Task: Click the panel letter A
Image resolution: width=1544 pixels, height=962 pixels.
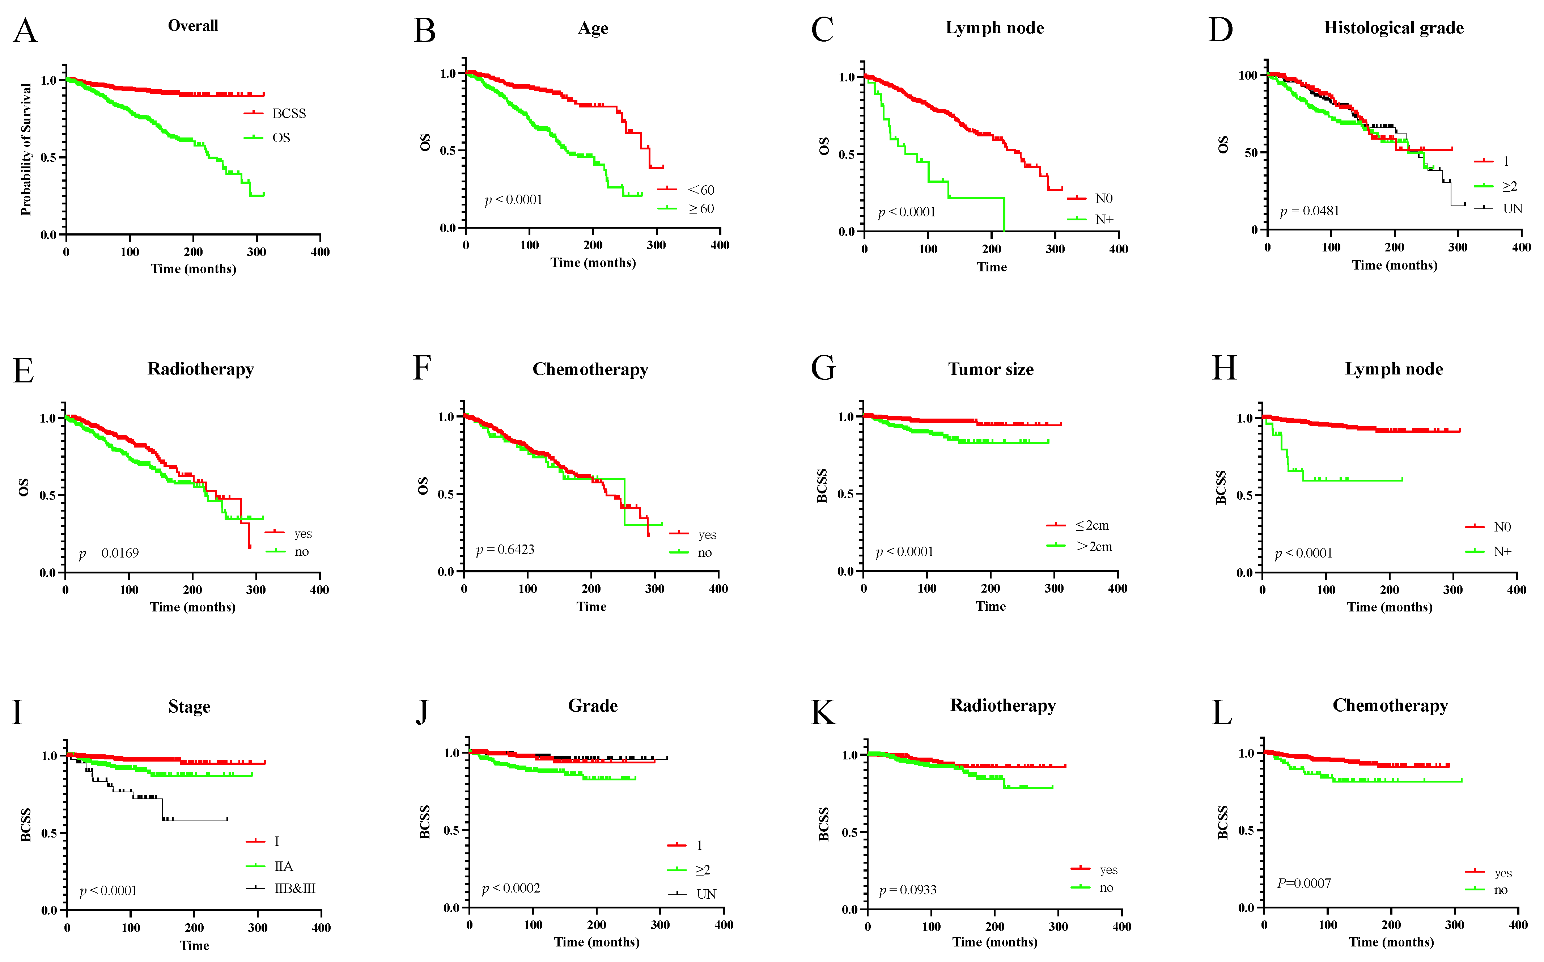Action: click(x=25, y=30)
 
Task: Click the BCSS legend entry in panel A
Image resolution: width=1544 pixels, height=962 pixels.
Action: click(x=275, y=113)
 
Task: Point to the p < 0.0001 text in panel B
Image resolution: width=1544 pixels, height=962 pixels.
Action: click(x=513, y=200)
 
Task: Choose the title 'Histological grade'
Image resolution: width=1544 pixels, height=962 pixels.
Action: click(x=1394, y=28)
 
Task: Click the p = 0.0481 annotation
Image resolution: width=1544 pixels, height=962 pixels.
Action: click(x=1309, y=211)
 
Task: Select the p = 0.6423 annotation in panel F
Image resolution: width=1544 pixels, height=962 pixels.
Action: click(x=505, y=550)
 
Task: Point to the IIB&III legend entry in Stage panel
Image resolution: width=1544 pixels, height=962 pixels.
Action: click(x=281, y=888)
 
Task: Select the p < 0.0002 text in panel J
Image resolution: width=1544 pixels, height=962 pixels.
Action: click(x=511, y=888)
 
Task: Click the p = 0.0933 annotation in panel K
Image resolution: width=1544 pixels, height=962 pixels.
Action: click(x=908, y=890)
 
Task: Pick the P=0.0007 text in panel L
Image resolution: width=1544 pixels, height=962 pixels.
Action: click(x=1304, y=883)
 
